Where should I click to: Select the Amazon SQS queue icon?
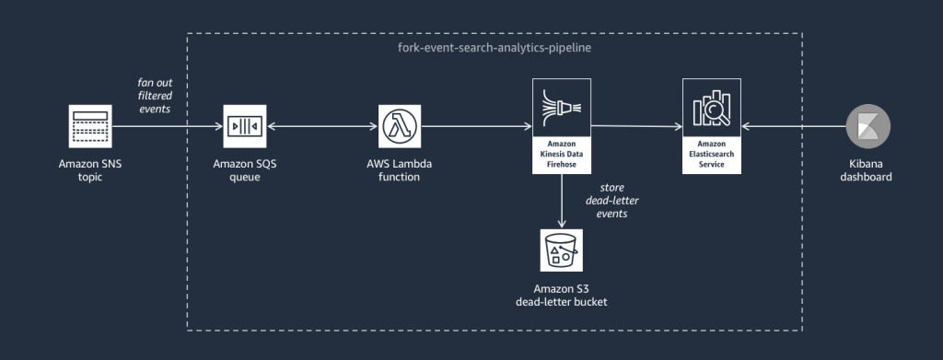click(x=243, y=125)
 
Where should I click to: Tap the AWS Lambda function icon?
click(x=399, y=125)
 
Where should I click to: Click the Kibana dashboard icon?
click(x=866, y=125)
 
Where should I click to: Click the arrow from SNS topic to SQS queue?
click(x=166, y=126)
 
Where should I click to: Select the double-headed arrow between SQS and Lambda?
click(x=320, y=126)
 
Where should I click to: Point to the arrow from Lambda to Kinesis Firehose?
click(x=475, y=126)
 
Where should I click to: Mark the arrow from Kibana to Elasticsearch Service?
click(x=792, y=126)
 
